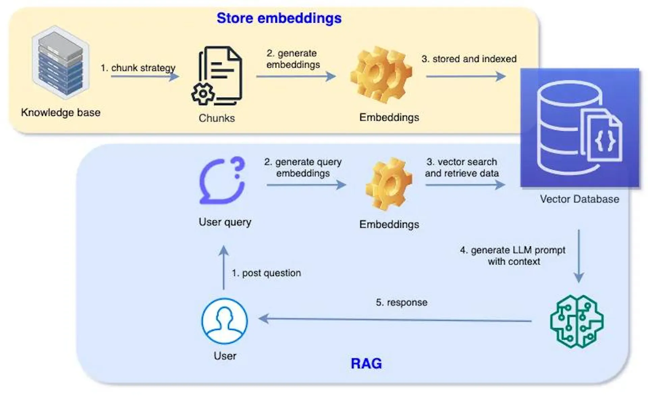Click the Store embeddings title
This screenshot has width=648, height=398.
[x=279, y=18]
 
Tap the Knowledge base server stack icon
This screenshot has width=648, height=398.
[x=61, y=62]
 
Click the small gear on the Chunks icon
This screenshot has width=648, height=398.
[x=203, y=94]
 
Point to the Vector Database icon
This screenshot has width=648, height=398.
[x=579, y=128]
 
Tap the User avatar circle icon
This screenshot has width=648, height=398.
[x=224, y=321]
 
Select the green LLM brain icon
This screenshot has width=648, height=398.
[x=577, y=321]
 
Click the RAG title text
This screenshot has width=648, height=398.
[x=366, y=364]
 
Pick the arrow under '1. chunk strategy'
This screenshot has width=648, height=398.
[x=145, y=76]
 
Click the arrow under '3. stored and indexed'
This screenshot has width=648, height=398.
[x=466, y=76]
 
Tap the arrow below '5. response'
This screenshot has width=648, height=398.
[x=395, y=319]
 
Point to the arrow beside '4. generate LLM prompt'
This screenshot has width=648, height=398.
[x=579, y=256]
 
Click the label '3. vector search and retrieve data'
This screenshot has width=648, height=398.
[x=462, y=168]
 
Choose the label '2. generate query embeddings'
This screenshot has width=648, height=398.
[x=303, y=168]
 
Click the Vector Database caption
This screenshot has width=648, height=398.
[x=579, y=199]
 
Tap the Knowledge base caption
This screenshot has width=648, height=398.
[x=61, y=113]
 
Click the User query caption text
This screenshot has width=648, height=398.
[x=225, y=222]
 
